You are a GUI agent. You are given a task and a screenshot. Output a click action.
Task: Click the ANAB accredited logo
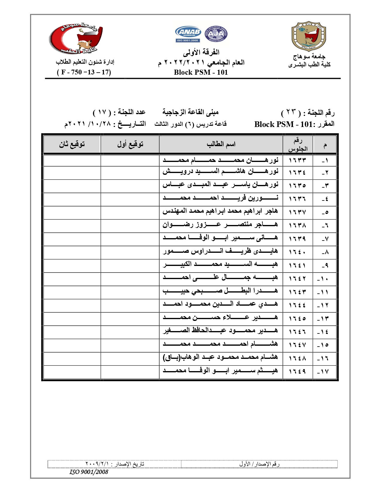pos(188,34)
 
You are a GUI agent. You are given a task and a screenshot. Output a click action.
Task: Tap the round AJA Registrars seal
pos(216,33)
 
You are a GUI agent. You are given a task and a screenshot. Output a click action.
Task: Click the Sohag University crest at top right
pos(309,36)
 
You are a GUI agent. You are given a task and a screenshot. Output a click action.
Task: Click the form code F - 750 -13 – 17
pos(84,72)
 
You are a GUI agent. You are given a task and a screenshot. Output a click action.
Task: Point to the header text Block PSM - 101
pos(201,72)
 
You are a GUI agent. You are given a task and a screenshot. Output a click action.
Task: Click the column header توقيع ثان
pos(72,145)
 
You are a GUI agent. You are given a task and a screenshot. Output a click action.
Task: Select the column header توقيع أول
pos(130,145)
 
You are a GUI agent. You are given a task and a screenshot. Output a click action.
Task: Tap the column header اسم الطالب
pos(221,145)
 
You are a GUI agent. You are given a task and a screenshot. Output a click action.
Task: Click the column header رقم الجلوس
pos(298,145)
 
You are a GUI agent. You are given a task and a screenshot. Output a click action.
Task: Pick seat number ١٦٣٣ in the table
pos(297,160)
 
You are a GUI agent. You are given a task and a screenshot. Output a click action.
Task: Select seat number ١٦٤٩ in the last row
pos(297,371)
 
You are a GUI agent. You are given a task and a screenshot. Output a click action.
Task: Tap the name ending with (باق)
pos(220,358)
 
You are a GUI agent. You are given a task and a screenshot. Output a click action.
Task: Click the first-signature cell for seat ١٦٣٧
pos(130,212)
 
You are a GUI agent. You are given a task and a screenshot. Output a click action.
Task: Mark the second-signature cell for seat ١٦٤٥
pos(72,319)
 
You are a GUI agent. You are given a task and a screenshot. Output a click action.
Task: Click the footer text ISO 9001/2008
pos(89,472)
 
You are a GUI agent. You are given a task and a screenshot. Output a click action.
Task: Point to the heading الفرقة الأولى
pos(201,53)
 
